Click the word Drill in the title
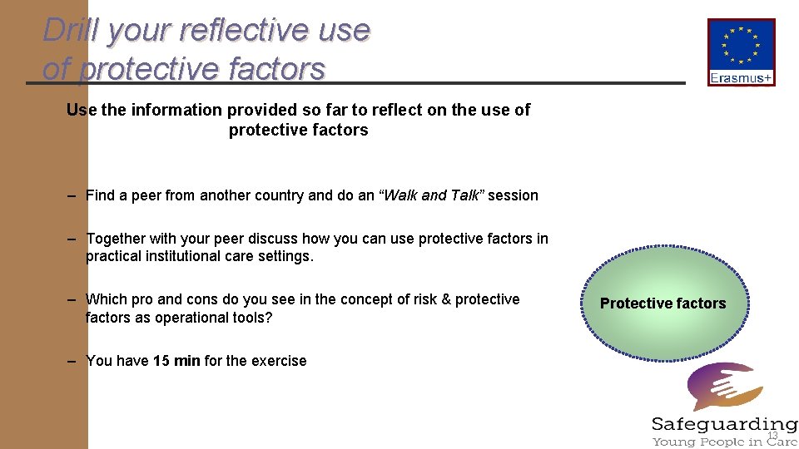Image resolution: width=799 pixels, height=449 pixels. [70, 31]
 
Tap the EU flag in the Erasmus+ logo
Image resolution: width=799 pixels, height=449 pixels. [741, 46]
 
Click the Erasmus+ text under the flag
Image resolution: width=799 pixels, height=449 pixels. [741, 78]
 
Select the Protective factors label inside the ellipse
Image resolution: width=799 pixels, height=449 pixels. [663, 303]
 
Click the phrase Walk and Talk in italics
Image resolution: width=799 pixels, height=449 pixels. [431, 195]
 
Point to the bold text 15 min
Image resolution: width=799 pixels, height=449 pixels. [176, 361]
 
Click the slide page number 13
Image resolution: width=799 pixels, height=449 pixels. [772, 436]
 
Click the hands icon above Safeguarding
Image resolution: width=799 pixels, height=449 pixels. [722, 387]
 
